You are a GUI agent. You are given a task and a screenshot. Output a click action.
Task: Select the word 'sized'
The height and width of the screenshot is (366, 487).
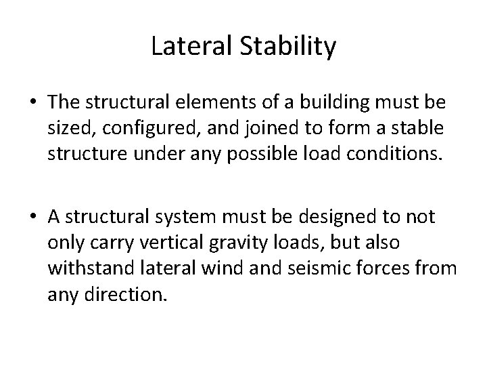pyautogui.click(x=65, y=126)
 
